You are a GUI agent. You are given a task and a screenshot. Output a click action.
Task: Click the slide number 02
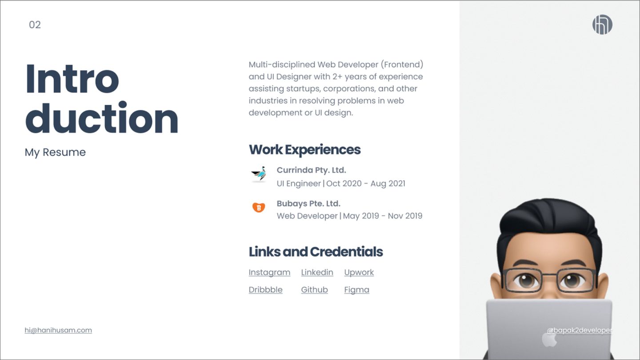click(x=35, y=25)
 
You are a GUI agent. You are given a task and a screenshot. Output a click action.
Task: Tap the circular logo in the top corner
click(x=602, y=24)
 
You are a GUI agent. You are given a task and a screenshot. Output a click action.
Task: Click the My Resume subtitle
click(x=55, y=152)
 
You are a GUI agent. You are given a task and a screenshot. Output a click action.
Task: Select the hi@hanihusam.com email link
click(x=58, y=330)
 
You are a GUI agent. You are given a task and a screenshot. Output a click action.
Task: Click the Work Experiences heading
click(x=304, y=149)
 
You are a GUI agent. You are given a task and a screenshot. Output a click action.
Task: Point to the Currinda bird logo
click(x=258, y=174)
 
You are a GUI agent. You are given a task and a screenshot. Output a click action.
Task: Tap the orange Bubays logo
click(x=258, y=207)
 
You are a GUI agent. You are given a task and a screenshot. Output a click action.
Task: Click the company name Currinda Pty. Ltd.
click(x=311, y=170)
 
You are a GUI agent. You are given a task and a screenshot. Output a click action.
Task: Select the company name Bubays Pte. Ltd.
click(x=308, y=204)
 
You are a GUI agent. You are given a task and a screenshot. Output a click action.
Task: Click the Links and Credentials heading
click(x=316, y=252)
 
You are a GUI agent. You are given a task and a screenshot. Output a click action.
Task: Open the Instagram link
click(x=269, y=272)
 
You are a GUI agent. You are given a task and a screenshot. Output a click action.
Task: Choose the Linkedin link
click(x=317, y=272)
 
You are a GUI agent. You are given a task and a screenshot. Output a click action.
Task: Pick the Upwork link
click(x=359, y=272)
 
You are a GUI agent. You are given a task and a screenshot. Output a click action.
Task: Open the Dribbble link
click(x=265, y=290)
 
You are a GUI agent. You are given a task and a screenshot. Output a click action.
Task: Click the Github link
click(x=314, y=290)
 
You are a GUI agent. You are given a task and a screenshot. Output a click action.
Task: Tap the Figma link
click(x=356, y=290)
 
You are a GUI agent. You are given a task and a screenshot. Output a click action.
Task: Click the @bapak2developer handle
click(x=579, y=330)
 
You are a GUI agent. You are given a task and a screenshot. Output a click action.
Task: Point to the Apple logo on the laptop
click(x=549, y=340)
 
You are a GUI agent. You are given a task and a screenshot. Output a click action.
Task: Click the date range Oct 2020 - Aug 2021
click(x=366, y=184)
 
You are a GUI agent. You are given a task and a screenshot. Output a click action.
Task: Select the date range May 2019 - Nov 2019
click(x=383, y=216)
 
